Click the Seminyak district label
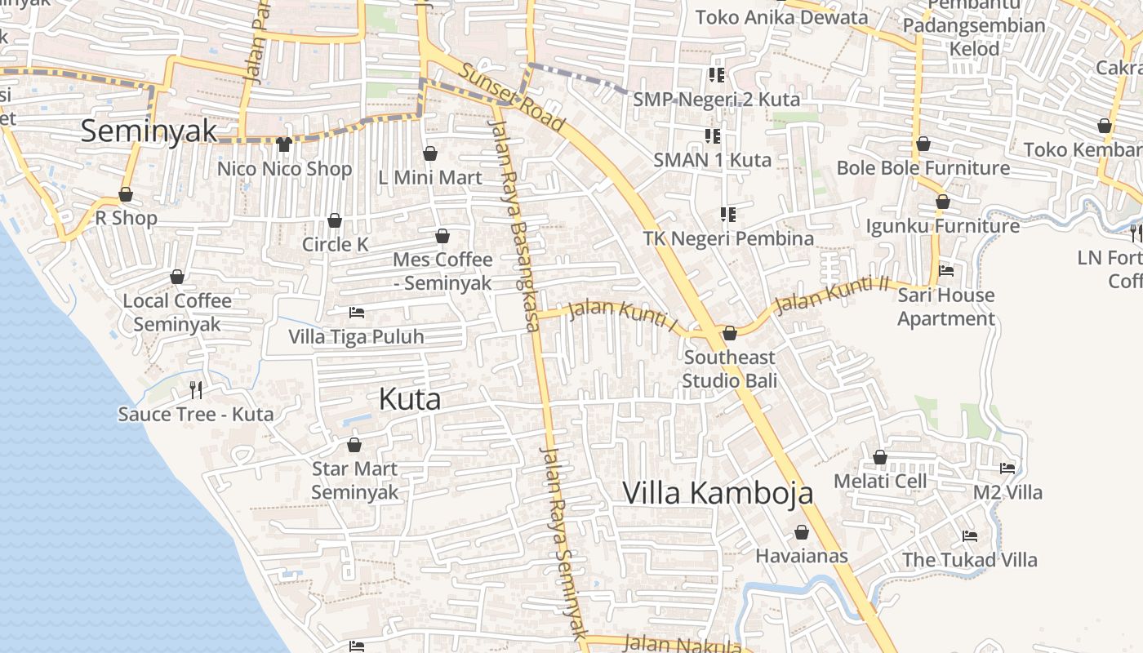tap(149, 131)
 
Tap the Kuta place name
tap(410, 399)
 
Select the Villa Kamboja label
tap(718, 493)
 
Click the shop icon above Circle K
tap(334, 220)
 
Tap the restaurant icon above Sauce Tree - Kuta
tap(195, 389)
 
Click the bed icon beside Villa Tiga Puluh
tap(357, 313)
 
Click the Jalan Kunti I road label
tap(623, 316)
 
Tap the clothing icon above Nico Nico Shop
tap(283, 144)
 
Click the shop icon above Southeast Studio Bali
tap(730, 333)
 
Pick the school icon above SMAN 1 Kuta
tap(712, 135)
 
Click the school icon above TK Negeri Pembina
tap(727, 215)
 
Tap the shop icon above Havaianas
tap(802, 532)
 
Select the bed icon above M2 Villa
tap(1007, 469)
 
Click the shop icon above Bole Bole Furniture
tap(923, 144)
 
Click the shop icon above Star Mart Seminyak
tap(354, 445)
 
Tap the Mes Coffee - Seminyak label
tap(443, 271)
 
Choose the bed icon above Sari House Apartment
tap(946, 270)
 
